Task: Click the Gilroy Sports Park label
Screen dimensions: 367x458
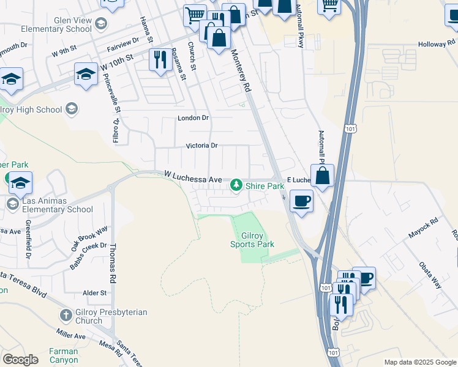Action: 252,240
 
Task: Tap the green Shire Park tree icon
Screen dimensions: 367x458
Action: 236,185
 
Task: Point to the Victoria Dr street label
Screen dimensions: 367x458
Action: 202,146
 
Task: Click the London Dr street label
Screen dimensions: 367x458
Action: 193,117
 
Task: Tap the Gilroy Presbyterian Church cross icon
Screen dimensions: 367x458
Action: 66,316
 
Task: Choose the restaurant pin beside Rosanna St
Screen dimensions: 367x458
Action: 160,60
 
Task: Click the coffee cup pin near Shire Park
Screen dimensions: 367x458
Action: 301,201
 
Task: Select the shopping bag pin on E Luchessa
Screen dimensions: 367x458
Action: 322,176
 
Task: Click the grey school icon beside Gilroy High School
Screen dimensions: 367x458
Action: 72,109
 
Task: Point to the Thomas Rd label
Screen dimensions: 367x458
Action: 112,263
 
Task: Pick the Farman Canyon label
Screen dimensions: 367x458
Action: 64,355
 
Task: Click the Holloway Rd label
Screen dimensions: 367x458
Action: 437,45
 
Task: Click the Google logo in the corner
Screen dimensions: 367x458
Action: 20,359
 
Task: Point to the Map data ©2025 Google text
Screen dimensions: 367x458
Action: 421,362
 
